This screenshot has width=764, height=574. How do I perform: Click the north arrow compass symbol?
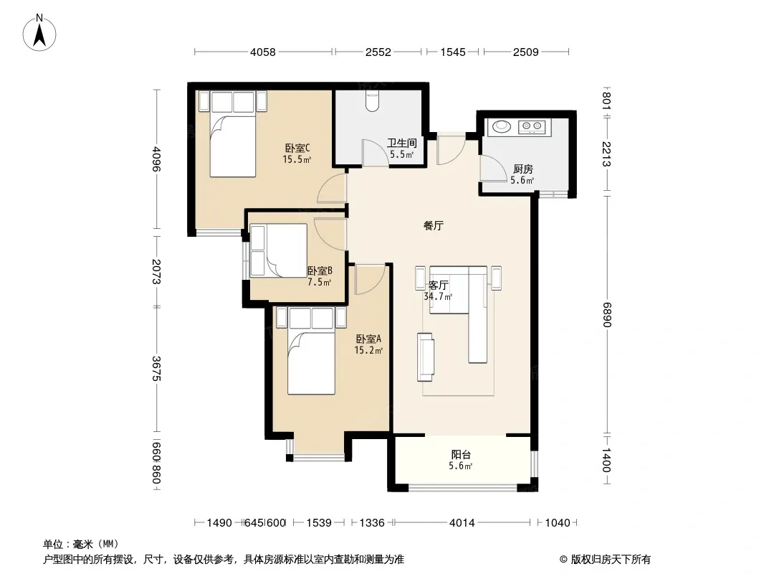coord(39,33)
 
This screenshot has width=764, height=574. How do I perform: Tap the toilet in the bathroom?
coord(372,100)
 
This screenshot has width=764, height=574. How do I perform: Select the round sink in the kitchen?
coord(502,126)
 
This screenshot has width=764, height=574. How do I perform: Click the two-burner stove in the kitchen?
coord(532,127)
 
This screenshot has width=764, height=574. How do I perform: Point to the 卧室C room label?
coord(297,148)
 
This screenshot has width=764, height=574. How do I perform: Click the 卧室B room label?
coord(320,270)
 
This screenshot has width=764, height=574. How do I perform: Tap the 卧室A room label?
coord(368,339)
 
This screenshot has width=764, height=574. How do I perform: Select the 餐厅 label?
coord(433,226)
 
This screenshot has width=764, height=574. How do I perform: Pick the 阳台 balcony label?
coord(461,455)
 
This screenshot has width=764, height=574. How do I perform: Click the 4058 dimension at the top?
coord(262,52)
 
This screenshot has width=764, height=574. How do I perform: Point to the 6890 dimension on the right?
coord(606,314)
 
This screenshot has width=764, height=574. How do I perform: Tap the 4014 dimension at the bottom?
coord(462,523)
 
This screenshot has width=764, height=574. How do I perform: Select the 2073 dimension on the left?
coord(156,271)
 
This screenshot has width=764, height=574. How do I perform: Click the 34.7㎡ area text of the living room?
coord(438,296)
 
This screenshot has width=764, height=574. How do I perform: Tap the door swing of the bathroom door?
coord(375,153)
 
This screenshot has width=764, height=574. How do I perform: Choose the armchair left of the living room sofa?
coord(426,357)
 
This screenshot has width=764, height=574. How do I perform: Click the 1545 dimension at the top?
coord(453,52)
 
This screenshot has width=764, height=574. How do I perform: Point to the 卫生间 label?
coord(402,143)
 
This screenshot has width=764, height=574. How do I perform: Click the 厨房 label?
coord(522,169)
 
